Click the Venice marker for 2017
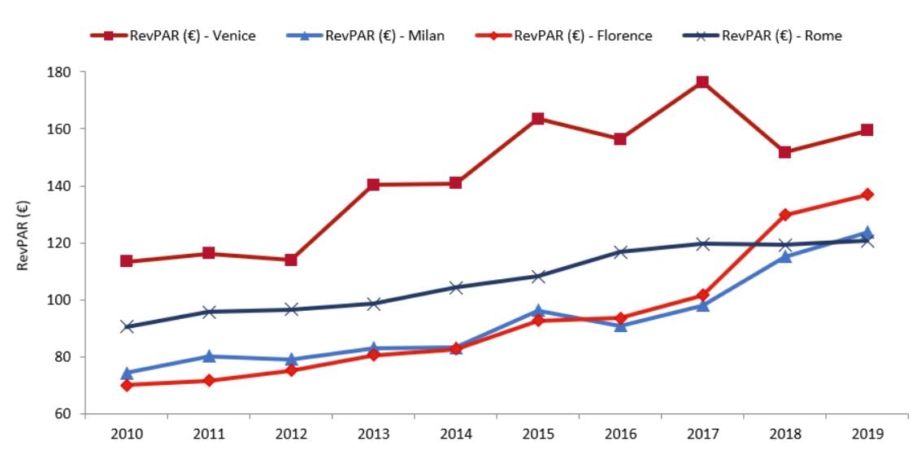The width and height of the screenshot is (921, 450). coord(702,82)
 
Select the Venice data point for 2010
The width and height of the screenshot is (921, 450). coord(127,261)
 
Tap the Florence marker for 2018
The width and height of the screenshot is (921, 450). coord(784,215)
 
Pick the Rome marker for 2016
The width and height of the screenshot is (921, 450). coord(620,252)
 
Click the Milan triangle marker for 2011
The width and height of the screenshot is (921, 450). coord(209,356)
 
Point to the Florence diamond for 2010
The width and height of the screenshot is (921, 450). coord(127,385)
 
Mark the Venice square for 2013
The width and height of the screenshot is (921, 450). coord(373,185)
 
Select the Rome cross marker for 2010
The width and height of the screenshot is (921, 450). coord(127,326)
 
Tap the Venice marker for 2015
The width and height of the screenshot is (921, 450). coord(538,119)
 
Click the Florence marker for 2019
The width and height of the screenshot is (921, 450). coord(867,194)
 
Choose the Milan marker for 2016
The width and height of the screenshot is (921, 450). coord(620,325)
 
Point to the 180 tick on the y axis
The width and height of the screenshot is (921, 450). coord(63,72)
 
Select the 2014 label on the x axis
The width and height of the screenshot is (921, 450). coord(455,434)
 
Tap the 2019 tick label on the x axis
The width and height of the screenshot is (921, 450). coord(867,434)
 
